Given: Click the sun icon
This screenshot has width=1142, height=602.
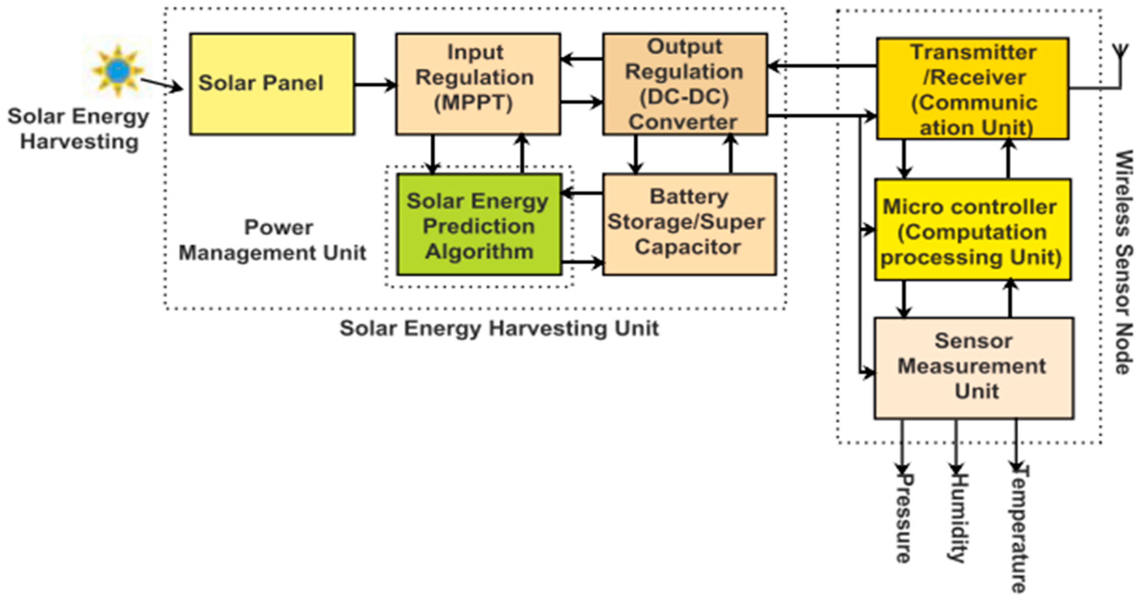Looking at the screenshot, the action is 117,70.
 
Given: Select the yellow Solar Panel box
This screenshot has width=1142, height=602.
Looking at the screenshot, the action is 272,84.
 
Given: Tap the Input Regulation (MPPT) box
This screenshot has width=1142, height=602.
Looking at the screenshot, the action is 478,84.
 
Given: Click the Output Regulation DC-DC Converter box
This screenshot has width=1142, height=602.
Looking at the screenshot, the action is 685,84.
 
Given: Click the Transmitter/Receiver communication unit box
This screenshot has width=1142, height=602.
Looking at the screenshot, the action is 972,89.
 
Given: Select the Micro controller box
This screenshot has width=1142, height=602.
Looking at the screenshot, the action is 973,229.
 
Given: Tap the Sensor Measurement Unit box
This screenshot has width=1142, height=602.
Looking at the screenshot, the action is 973,368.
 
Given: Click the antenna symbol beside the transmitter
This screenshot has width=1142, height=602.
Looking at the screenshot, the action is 1120,57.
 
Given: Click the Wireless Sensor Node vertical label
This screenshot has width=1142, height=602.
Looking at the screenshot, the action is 1123,261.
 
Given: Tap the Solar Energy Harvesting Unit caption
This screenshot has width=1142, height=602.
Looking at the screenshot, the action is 499,329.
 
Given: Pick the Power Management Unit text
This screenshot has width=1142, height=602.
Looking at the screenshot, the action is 272,240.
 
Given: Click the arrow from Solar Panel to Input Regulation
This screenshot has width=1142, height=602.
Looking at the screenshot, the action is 375,84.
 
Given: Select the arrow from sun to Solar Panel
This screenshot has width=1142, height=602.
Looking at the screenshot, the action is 161,85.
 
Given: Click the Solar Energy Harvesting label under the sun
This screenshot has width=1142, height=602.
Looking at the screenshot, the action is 78,129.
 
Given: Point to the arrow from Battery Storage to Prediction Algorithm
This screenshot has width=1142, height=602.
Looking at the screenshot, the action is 583,193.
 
